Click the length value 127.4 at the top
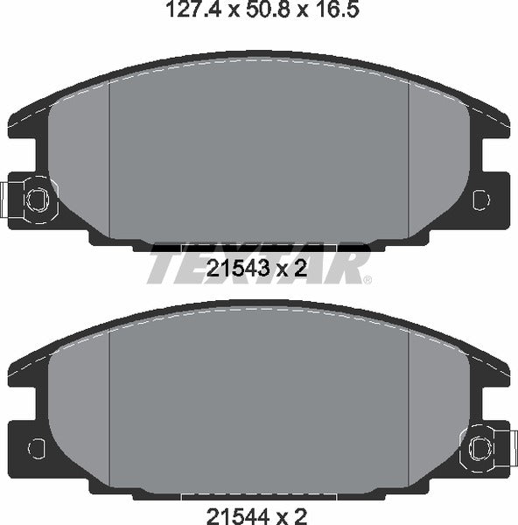click(x=187, y=10)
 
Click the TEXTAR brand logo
click(x=258, y=264)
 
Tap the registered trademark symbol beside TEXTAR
click(x=367, y=280)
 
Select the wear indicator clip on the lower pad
click(x=484, y=447)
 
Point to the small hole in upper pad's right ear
click(x=479, y=200)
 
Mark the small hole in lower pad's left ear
click(x=35, y=447)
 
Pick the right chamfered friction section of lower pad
click(x=437, y=411)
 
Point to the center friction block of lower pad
click(x=259, y=402)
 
